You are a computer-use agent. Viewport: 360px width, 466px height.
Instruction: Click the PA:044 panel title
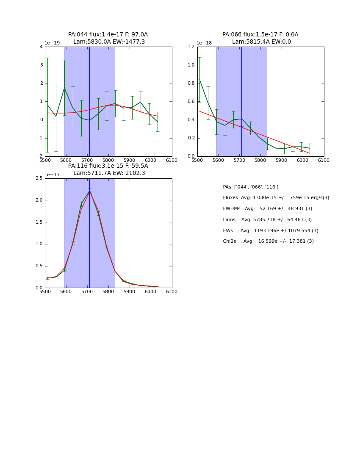tap(108, 38)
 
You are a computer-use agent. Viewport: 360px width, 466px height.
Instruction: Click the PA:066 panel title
tap(260, 38)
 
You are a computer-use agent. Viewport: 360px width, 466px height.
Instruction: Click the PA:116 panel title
tap(108, 169)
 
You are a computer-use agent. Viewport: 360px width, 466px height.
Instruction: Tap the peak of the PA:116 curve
tap(89, 191)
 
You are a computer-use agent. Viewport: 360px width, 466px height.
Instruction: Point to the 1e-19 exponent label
tap(53, 43)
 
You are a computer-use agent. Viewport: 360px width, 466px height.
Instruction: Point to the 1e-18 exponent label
tap(204, 43)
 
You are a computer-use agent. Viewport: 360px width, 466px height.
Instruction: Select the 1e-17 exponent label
tap(53, 175)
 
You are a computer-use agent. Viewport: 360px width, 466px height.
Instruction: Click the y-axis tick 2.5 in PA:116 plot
tap(39, 178)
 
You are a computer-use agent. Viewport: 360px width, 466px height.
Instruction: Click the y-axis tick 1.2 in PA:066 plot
tap(191, 47)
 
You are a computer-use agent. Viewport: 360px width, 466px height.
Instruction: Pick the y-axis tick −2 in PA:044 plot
tap(40, 156)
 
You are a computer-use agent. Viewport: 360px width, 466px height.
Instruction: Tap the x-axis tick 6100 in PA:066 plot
tap(324, 160)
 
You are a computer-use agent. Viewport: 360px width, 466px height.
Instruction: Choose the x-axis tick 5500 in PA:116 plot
tap(45, 291)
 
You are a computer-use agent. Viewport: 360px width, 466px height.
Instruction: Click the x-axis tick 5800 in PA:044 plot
tap(108, 160)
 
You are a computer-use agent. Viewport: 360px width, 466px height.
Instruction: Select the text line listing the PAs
tap(251, 187)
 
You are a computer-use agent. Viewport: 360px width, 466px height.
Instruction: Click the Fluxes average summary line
tap(276, 198)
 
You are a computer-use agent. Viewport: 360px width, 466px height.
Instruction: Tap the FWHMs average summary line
tap(267, 208)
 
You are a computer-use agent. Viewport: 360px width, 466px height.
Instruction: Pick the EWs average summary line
tap(271, 230)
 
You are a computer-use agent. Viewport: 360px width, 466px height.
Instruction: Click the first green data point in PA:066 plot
tap(199, 79)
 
